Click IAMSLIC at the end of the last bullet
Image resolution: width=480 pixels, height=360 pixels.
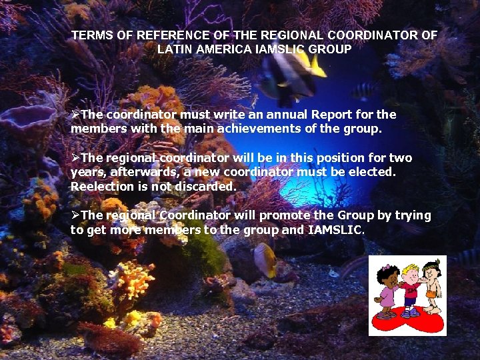pos(337,229)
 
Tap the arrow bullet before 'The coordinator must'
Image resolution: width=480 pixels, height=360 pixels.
pos(75,115)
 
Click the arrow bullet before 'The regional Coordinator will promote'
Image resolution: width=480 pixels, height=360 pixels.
pos(75,215)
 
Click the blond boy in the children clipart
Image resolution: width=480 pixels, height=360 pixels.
pos(411,287)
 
